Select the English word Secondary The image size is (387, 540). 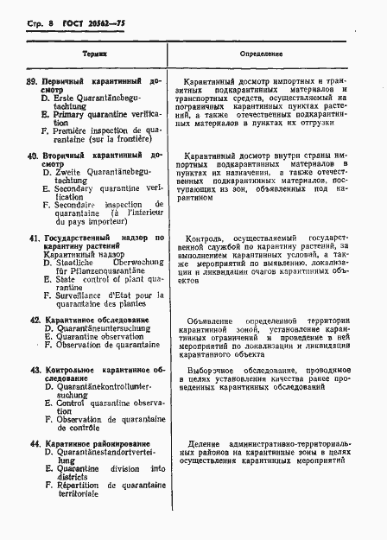pyautogui.click(x=80, y=187)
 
